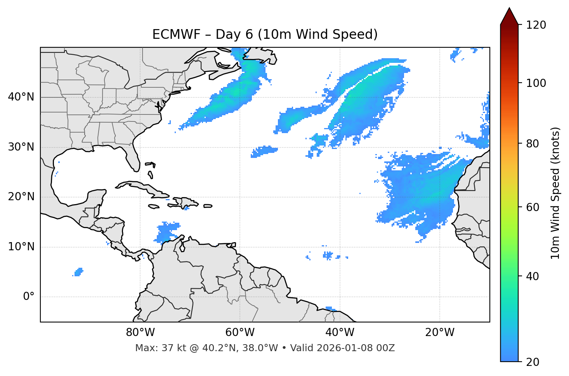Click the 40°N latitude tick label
(21, 97)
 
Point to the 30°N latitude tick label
(21, 147)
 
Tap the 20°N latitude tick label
(21, 197)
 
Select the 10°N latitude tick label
(21, 247)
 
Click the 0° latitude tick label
(29, 297)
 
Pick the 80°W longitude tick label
(140, 333)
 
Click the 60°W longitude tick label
(240, 333)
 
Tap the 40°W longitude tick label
(340, 333)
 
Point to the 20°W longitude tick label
(440, 333)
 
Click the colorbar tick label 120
(536, 25)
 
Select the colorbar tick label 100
(536, 83)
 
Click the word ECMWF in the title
(170, 35)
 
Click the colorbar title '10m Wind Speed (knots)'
(555, 193)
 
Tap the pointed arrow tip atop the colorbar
(509, 9)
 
